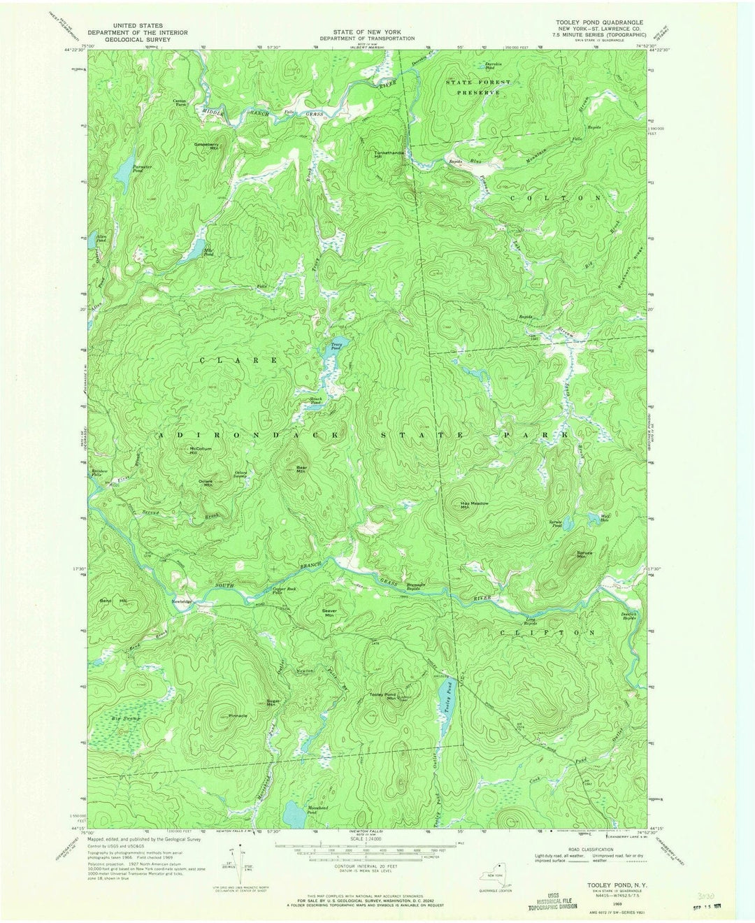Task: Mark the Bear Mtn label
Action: [301, 469]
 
